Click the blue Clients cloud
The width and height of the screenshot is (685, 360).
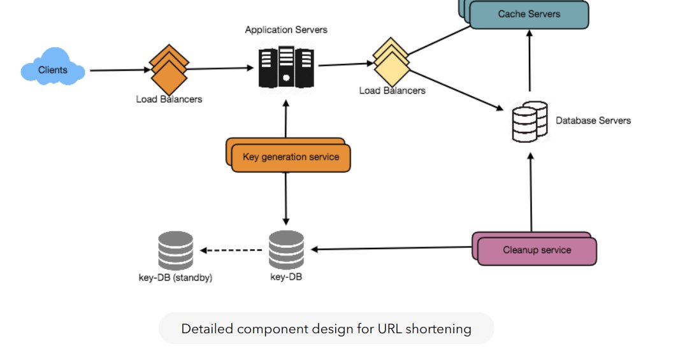pos(53,69)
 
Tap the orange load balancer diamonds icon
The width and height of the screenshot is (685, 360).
pos(169,69)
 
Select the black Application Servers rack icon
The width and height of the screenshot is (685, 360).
pos(286,66)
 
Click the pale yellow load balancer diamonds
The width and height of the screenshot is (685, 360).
pos(391,62)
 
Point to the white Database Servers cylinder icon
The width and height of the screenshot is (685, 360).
pos(530,121)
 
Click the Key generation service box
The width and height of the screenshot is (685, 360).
pos(290,156)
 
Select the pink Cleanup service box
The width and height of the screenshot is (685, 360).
pos(536,250)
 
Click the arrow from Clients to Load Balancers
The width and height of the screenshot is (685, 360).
pos(119,70)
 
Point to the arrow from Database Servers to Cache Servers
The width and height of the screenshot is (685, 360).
pos(529,64)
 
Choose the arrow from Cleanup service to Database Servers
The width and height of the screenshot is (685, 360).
pos(530,191)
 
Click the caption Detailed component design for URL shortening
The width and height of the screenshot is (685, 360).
pos(326,329)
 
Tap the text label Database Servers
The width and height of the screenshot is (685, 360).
pos(593,120)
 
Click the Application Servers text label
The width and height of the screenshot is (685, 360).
pos(286,30)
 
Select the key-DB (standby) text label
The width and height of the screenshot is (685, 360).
pos(175,278)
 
